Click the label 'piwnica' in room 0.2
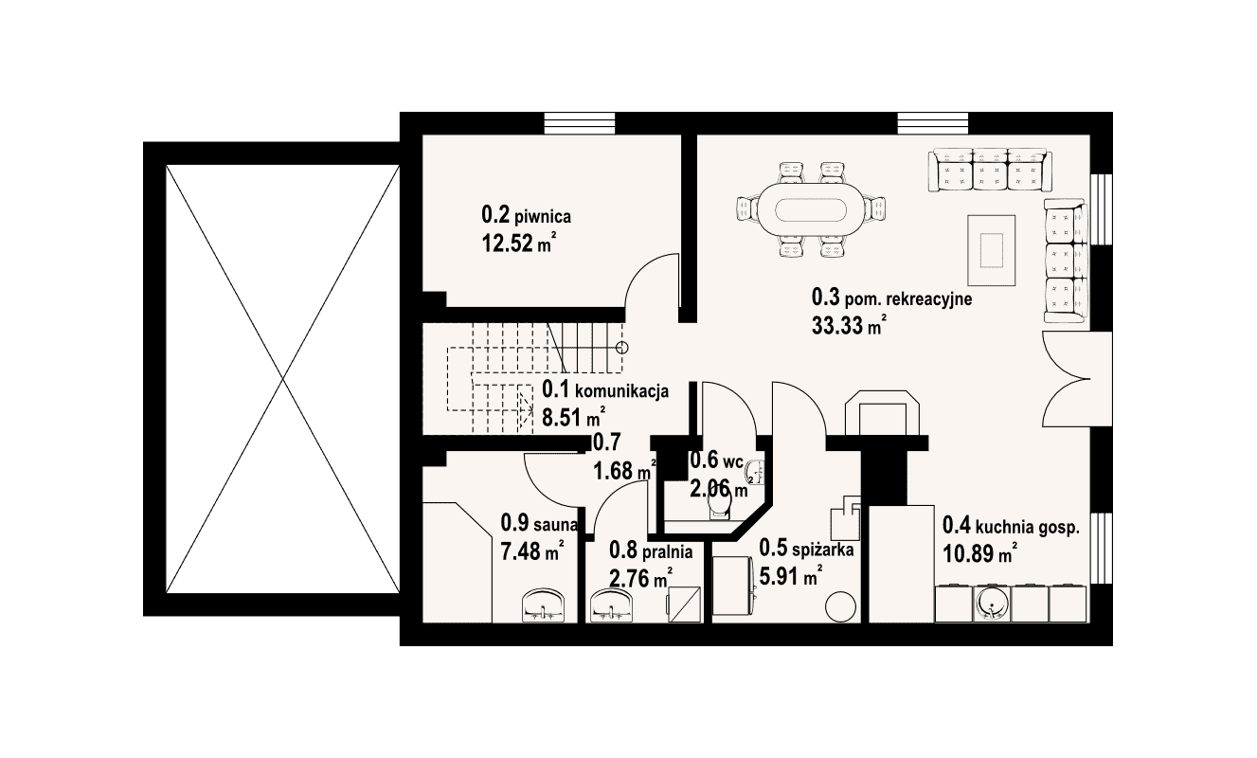click(x=543, y=216)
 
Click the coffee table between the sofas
click(x=991, y=250)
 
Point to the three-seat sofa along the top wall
click(x=990, y=171)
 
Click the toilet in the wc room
click(x=719, y=508)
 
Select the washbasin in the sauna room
click(x=151, y=605)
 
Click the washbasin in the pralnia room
click(x=611, y=605)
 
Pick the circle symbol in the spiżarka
click(x=840, y=607)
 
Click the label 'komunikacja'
click(x=621, y=390)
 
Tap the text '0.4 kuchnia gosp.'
click(x=1011, y=527)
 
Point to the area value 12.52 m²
click(x=518, y=244)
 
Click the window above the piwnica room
click(x=580, y=123)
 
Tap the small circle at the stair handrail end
click(x=621, y=348)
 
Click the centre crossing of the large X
click(x=283, y=379)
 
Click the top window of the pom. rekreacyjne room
click(x=933, y=123)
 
